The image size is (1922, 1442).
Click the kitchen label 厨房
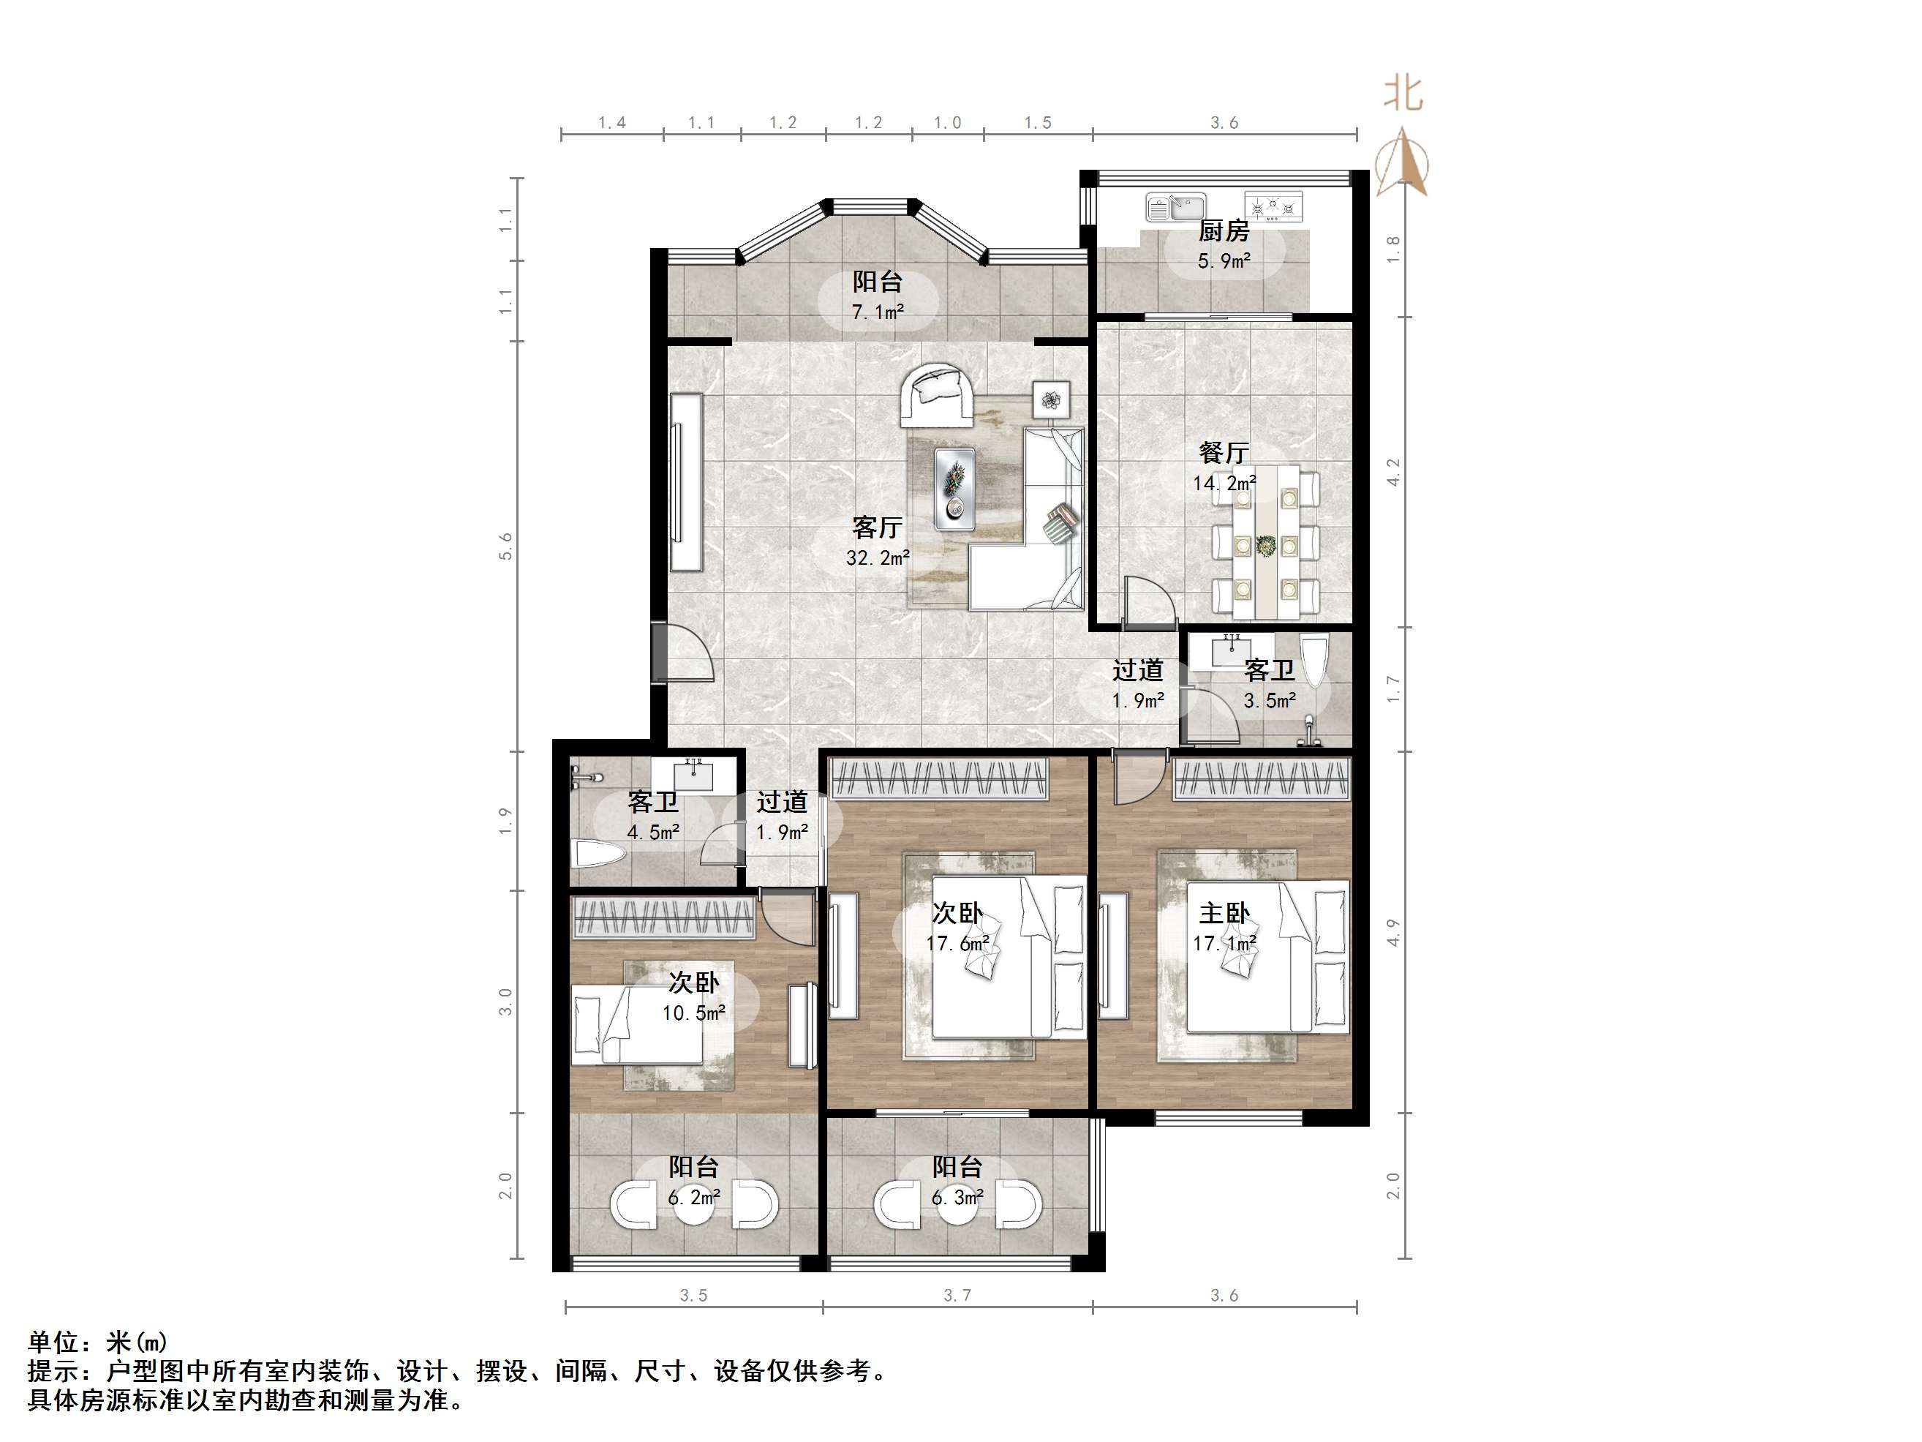[x=1224, y=231]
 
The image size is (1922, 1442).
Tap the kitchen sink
[x=1175, y=208]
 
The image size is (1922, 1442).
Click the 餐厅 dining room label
[x=1224, y=453]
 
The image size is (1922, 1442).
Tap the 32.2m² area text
[x=878, y=558]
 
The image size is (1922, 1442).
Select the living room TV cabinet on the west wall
[x=685, y=482]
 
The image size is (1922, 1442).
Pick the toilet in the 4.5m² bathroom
[x=600, y=855]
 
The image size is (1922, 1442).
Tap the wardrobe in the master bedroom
[x=1262, y=778]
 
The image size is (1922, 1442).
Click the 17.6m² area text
[x=957, y=943]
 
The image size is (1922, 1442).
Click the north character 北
[x=1403, y=94]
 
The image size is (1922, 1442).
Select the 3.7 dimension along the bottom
[x=957, y=1296]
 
